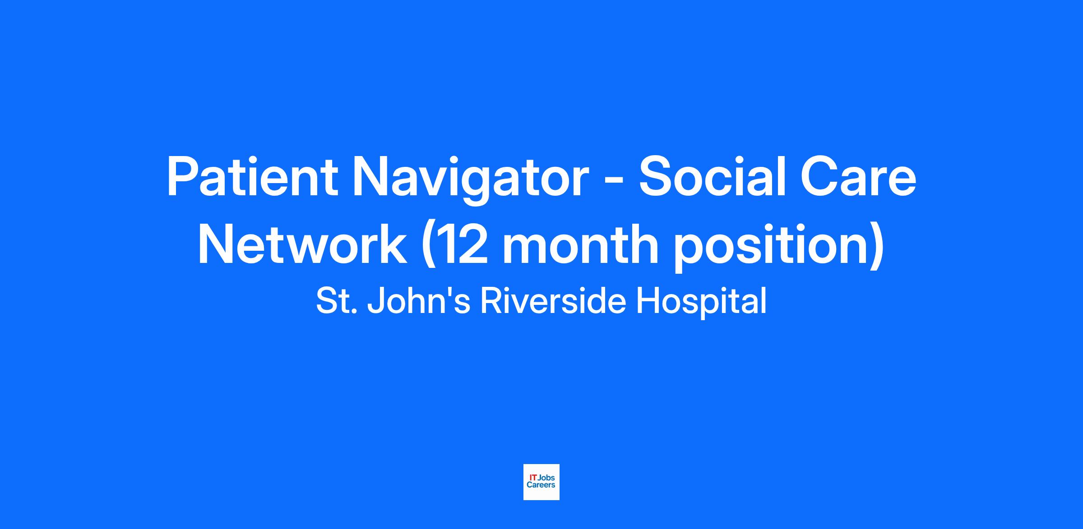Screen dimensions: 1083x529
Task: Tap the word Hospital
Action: (x=701, y=303)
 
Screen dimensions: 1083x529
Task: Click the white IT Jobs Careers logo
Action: (x=541, y=482)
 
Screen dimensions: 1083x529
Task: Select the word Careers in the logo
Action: (x=541, y=485)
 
